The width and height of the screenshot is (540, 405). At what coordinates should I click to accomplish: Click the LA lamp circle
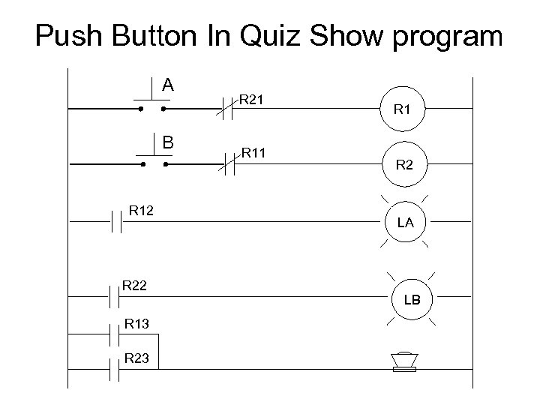point(404,222)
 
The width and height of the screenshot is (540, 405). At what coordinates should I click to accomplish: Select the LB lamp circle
point(412,299)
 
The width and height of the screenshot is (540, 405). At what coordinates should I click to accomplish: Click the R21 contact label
point(255,99)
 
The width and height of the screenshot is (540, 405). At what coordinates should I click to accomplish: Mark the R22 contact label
point(135,285)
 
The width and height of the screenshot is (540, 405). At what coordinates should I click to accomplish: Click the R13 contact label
point(137,323)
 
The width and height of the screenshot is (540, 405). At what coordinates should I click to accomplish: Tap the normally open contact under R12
point(116,223)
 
